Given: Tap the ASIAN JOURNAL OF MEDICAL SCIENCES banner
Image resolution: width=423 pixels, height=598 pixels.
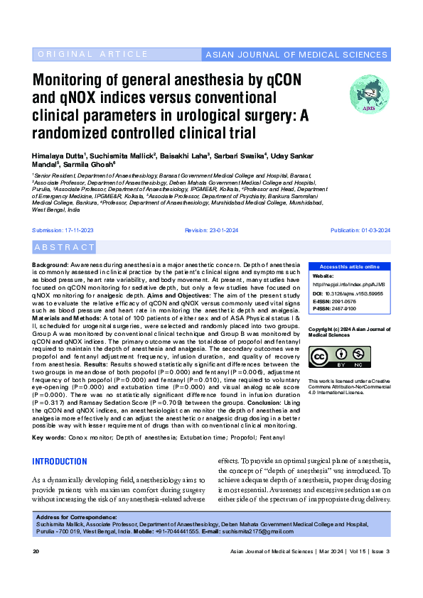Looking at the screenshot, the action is pos(296,55).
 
